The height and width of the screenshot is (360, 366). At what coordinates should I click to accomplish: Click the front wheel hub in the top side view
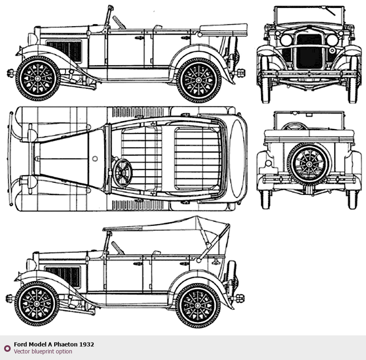[x=37, y=78]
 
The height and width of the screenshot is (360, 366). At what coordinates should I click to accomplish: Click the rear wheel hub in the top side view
[x=199, y=80]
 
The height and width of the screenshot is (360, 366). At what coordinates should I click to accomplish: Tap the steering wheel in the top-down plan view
[x=122, y=173]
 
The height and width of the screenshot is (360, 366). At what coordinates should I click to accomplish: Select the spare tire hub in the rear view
[x=309, y=164]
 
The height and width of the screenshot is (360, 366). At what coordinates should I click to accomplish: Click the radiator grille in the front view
[x=309, y=51]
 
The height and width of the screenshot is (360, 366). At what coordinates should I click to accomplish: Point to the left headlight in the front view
[x=286, y=40]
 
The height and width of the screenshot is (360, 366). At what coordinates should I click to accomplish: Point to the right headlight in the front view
[x=333, y=40]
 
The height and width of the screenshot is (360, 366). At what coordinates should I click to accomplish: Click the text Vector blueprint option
[x=43, y=351]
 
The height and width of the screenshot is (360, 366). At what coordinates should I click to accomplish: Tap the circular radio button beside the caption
[x=7, y=349]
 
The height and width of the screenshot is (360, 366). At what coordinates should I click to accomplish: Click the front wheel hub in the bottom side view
[x=37, y=304]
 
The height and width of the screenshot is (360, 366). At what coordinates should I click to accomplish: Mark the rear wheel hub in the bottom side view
[x=198, y=305]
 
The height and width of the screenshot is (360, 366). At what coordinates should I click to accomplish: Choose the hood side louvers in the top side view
[x=64, y=51]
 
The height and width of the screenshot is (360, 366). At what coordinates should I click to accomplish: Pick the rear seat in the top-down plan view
[x=197, y=158]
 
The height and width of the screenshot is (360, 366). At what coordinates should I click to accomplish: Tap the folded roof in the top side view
[x=223, y=30]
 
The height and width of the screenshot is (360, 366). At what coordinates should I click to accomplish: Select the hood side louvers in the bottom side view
[x=62, y=277]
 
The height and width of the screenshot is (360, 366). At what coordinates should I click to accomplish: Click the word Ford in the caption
[x=20, y=344]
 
